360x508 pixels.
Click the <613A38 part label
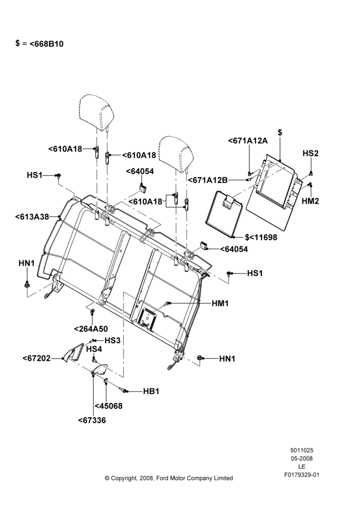[x=32, y=216]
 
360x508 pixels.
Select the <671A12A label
[x=248, y=141]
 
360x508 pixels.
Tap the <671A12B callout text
[x=208, y=180]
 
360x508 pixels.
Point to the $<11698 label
[x=261, y=237]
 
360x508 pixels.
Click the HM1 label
[x=220, y=304]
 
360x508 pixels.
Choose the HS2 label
[x=311, y=153]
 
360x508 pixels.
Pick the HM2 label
[x=310, y=201]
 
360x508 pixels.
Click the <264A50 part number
[x=91, y=329]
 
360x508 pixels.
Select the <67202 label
[x=37, y=358]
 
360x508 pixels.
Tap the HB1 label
[x=151, y=391]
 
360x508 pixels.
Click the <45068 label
[x=109, y=406]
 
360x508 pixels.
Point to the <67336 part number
[x=92, y=420]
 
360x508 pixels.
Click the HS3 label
[x=112, y=340]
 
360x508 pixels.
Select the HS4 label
[x=94, y=349]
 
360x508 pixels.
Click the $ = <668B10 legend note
[x=39, y=43]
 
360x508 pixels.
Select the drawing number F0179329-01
[x=302, y=475]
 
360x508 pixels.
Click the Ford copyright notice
[x=169, y=478]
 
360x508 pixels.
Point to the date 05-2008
[x=302, y=458]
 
